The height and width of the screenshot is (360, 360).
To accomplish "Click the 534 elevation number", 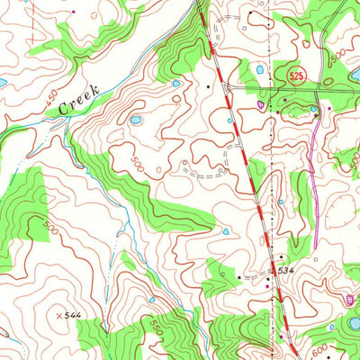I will pyautogui.click(x=286, y=270).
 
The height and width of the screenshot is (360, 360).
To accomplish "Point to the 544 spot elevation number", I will pyautogui.click(x=76, y=316).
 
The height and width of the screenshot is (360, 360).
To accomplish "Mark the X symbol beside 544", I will pyautogui.click(x=60, y=316).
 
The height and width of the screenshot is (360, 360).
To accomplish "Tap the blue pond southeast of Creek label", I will pyautogui.click(x=136, y=119).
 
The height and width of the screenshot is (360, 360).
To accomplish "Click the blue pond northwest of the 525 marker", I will pyautogui.click(x=260, y=68).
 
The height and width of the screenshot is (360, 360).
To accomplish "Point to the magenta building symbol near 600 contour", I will pyautogui.click(x=351, y=299).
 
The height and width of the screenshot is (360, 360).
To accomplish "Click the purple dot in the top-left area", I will pyautogui.click(x=75, y=13).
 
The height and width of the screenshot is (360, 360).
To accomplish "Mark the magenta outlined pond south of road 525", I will pyautogui.click(x=261, y=104).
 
